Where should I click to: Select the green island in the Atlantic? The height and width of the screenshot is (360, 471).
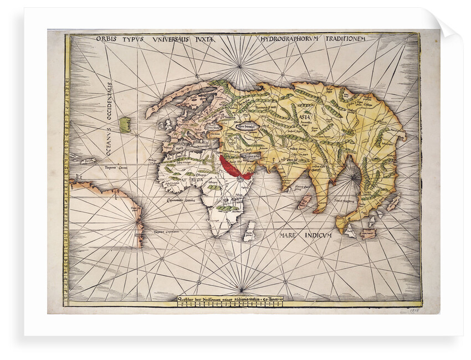(x=125, y=124)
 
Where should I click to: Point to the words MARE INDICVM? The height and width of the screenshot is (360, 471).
(x=305, y=235)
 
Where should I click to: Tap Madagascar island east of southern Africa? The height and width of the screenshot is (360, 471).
(x=249, y=231)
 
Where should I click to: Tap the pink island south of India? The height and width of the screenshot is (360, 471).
(x=305, y=201)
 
